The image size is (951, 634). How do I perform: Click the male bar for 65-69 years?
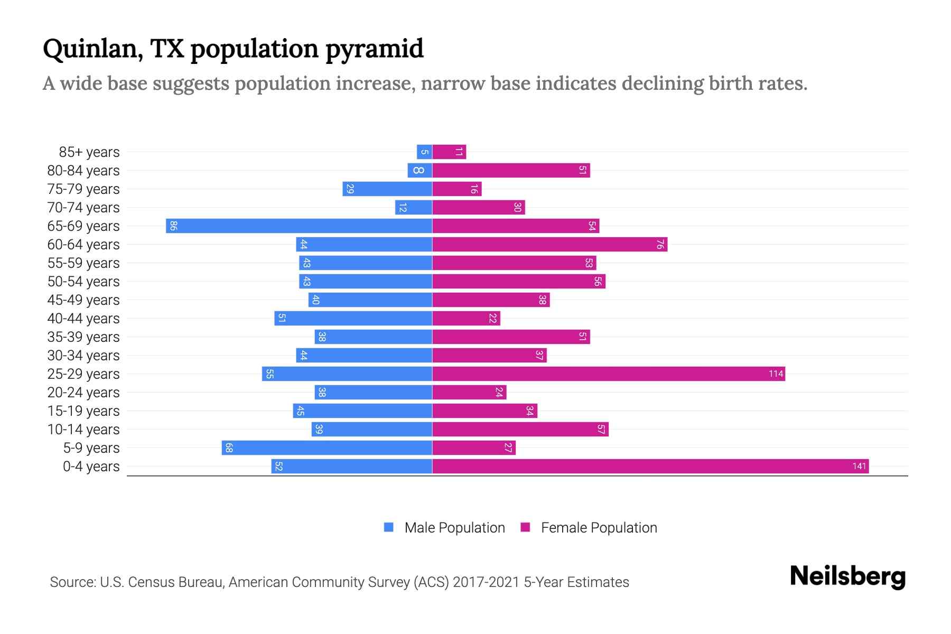[299, 226]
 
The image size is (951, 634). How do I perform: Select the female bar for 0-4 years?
[650, 467]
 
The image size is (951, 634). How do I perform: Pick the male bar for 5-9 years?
[327, 448]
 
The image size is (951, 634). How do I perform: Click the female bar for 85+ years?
[449, 152]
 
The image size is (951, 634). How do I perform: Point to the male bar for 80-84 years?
[420, 171]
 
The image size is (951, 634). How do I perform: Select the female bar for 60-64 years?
[549, 245]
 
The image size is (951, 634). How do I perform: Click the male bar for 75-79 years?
[387, 189]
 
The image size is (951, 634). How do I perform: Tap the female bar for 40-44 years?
[466, 319]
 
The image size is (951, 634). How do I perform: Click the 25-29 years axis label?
[83, 374]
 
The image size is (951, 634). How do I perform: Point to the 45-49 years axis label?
[83, 300]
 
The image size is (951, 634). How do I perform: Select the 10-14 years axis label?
[83, 430]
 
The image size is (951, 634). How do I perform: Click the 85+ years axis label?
[89, 152]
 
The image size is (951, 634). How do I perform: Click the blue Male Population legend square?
[389, 527]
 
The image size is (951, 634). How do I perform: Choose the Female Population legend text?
[599, 528]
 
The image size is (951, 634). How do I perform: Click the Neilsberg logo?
[847, 576]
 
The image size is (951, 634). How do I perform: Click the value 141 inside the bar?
[859, 467]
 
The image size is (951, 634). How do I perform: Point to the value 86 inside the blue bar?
[173, 226]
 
